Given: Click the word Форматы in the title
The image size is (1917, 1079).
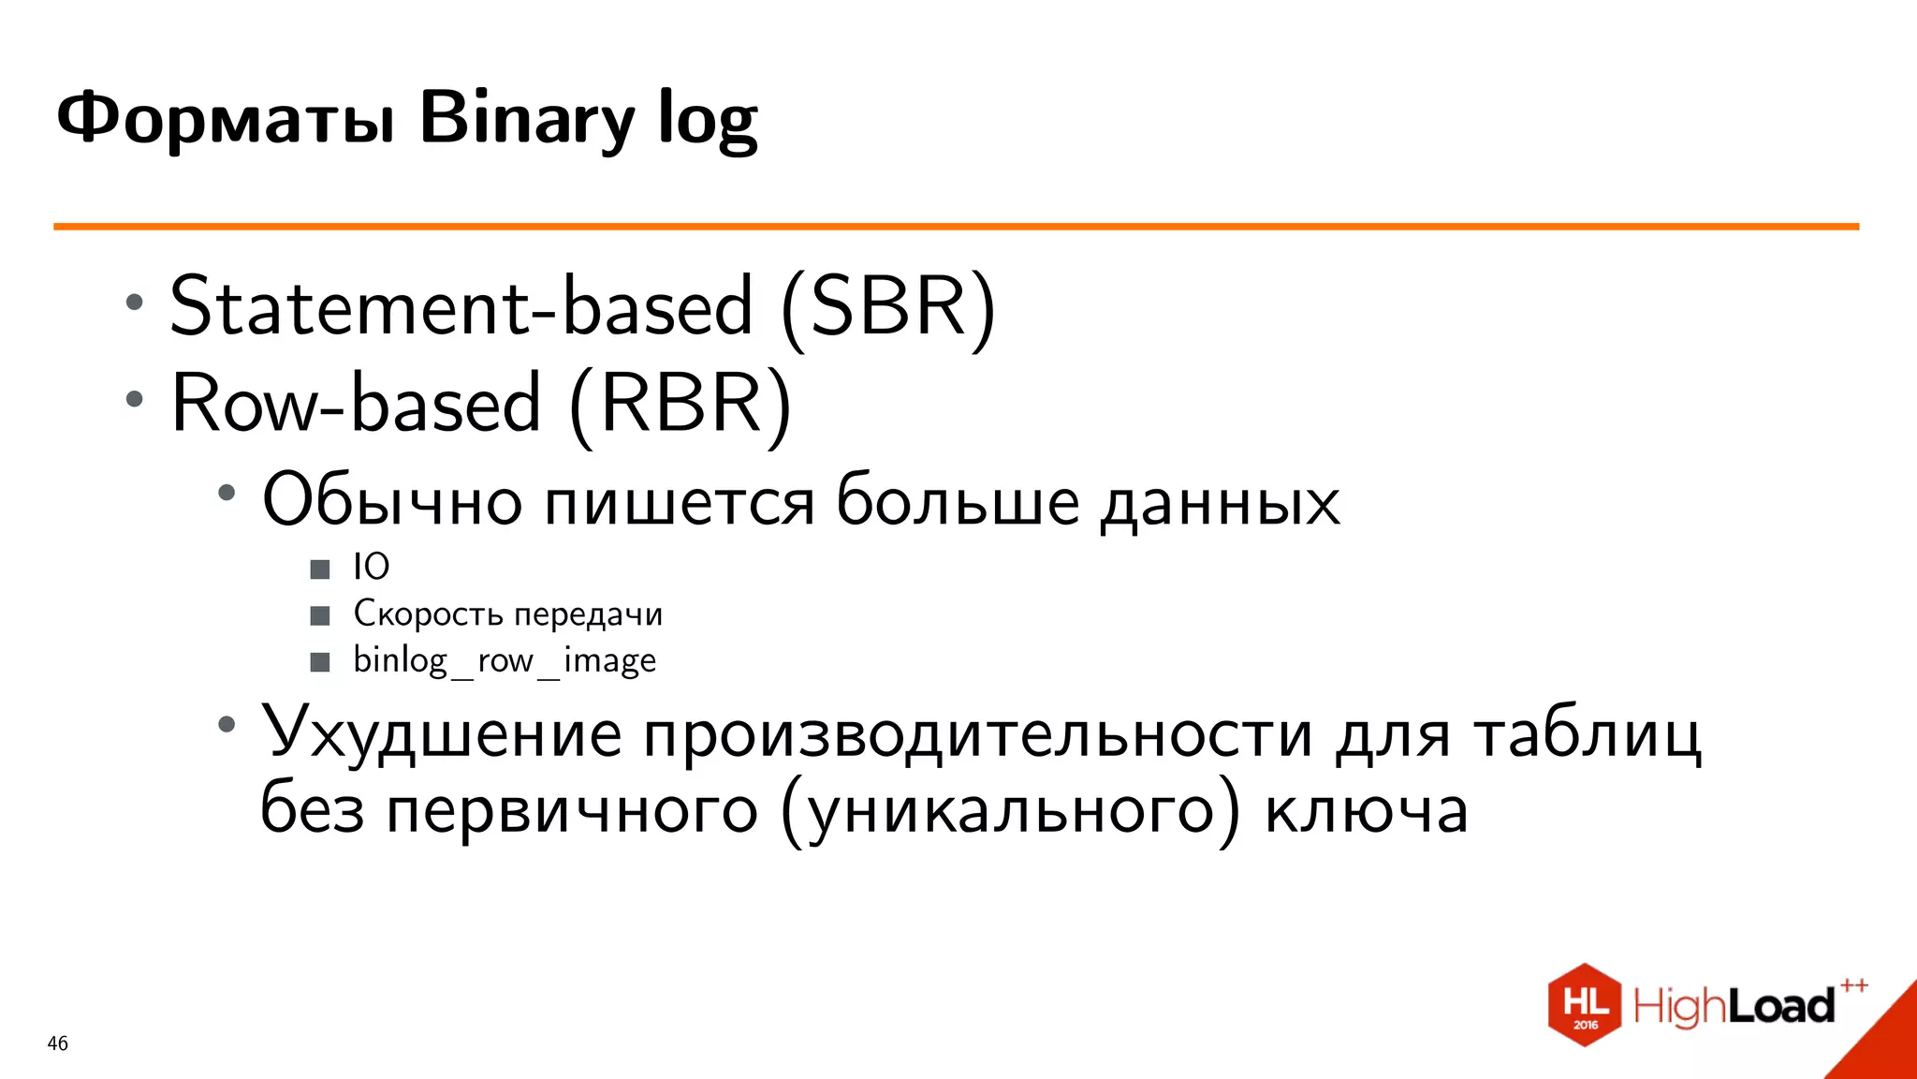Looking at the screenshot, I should (226, 119).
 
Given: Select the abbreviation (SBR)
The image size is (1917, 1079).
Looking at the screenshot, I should (888, 306).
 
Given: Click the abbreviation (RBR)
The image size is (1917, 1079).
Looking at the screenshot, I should (680, 404).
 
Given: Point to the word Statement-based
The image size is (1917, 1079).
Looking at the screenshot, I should (461, 306).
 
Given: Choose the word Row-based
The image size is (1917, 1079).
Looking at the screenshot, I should (357, 404).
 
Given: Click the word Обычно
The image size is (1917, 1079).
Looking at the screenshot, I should (392, 500).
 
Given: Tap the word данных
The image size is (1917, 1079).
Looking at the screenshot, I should (1220, 502).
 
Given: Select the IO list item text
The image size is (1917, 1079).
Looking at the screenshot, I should (371, 567).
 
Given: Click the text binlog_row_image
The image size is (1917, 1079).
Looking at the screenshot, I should (505, 660).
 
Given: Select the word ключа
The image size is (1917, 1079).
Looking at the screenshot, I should (1366, 810).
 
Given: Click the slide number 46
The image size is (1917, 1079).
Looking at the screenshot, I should (57, 1043).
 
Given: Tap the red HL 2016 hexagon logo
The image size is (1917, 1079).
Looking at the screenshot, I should (1584, 1005).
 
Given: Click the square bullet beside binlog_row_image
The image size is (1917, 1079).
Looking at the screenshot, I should (320, 662).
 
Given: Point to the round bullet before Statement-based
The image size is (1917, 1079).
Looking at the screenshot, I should (135, 303).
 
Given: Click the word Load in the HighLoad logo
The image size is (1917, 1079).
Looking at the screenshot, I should (1780, 1007).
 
